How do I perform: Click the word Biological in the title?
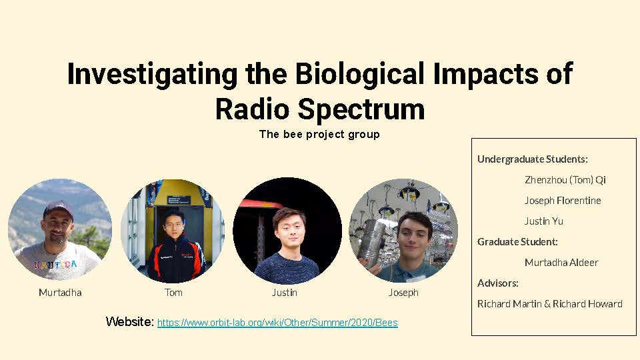click(x=359, y=74)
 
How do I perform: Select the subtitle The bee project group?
click(x=319, y=134)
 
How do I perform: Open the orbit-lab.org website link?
click(x=277, y=323)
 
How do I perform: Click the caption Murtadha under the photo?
click(x=60, y=293)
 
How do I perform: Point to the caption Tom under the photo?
click(x=173, y=293)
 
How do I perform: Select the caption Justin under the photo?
click(x=285, y=293)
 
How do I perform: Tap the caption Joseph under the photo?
click(x=403, y=293)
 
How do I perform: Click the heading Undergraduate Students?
click(x=533, y=159)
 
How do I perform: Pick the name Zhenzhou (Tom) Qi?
click(x=565, y=180)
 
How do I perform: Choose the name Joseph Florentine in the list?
click(x=563, y=201)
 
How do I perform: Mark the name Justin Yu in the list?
click(x=544, y=221)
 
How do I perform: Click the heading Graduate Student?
click(x=517, y=241)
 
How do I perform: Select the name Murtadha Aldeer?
click(x=561, y=263)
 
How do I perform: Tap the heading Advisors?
click(x=498, y=283)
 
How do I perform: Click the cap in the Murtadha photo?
click(x=59, y=209)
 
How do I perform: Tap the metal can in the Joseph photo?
click(x=371, y=243)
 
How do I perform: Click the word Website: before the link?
click(x=130, y=321)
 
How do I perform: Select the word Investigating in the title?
click(x=152, y=74)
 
